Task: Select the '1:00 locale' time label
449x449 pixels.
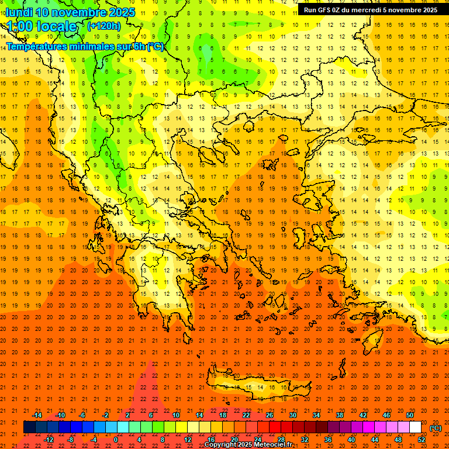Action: coord(42,26)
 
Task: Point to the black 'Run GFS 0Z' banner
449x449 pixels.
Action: coord(371,10)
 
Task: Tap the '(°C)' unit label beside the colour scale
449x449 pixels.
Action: coord(436,428)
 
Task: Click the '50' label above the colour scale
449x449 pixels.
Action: coord(410,415)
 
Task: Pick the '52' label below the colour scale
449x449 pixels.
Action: coord(422,440)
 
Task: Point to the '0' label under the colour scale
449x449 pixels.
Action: coord(116,440)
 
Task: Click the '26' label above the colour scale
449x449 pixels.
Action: coord(270,415)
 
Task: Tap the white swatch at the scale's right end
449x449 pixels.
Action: coord(415,427)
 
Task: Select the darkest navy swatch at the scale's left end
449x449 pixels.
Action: coord(29,427)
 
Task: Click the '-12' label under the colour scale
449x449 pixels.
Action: coord(49,440)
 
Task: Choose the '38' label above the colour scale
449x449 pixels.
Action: coord(340,415)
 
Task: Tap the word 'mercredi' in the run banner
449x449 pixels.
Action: coord(365,10)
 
